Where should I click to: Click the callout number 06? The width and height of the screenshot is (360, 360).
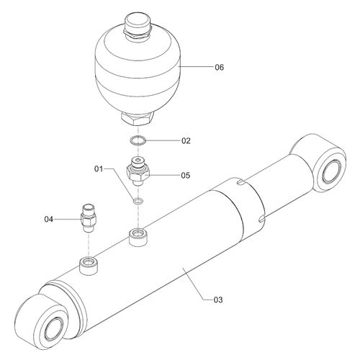[219, 67]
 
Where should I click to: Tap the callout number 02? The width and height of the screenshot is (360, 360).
[186, 140]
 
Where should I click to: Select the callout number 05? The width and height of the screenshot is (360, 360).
[186, 176]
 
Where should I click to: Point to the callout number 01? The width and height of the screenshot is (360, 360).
[99, 169]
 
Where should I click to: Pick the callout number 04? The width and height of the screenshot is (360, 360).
[48, 219]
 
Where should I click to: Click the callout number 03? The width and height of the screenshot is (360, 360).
[218, 300]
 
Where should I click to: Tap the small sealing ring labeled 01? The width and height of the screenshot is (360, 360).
[138, 201]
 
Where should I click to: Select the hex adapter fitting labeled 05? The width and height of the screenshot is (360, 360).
[138, 171]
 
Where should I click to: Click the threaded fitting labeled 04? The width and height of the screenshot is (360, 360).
[89, 218]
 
